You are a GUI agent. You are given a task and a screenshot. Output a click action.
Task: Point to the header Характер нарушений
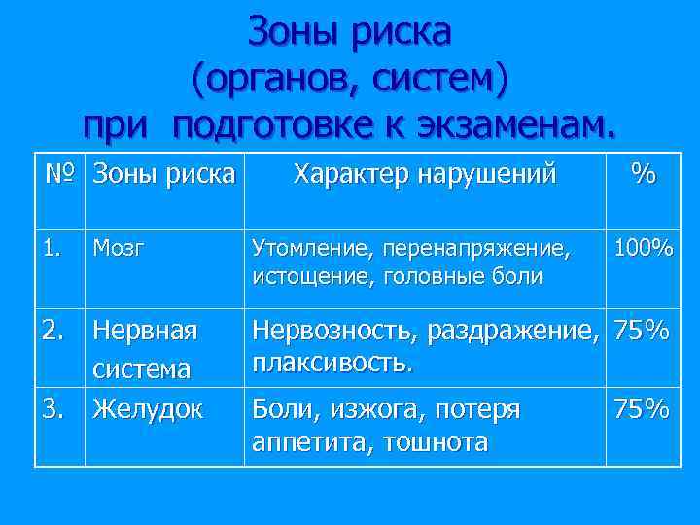click(x=425, y=175)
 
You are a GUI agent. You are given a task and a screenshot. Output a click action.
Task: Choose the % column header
click(x=642, y=175)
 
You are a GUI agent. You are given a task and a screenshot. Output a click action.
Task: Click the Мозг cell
click(x=119, y=249)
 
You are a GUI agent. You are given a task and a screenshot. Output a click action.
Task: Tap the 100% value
click(x=642, y=249)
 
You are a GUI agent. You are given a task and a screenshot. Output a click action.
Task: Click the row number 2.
click(x=55, y=331)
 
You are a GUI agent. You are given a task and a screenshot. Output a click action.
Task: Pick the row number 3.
click(x=55, y=410)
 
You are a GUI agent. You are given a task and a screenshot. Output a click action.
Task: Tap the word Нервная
click(x=145, y=331)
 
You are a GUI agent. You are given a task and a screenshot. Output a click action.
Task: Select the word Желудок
click(x=148, y=410)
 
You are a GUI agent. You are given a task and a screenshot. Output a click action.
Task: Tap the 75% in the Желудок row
click(x=641, y=410)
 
